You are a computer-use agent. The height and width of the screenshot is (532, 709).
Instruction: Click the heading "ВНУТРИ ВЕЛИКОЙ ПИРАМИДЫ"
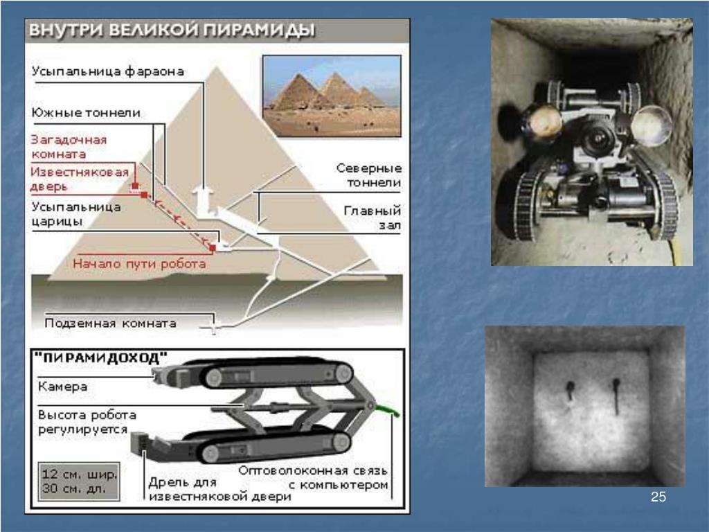point(172,30)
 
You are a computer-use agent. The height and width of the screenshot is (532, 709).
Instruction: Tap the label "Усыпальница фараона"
point(107,71)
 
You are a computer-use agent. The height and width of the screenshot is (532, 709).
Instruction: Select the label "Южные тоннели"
point(86,113)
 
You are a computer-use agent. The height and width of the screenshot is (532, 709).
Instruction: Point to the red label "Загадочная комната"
point(69,147)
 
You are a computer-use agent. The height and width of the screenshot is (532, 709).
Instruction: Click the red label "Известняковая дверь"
point(80,179)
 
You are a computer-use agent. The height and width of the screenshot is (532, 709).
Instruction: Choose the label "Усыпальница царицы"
point(76,214)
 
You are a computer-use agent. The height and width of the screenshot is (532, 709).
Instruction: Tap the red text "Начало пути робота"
point(139,264)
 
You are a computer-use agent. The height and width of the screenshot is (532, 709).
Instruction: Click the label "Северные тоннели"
point(368,175)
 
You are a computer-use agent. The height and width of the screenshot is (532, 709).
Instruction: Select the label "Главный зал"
point(372,218)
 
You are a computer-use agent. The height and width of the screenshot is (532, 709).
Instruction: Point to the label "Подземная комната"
point(110,323)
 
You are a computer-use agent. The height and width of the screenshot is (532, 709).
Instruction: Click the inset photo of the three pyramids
point(332,96)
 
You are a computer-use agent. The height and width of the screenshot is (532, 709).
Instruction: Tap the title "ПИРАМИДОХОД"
point(101,358)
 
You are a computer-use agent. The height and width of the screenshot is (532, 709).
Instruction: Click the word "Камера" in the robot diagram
point(62,387)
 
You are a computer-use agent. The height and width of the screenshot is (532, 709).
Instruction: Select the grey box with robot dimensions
point(79,481)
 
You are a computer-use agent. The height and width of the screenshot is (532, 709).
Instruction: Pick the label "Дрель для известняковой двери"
point(219,490)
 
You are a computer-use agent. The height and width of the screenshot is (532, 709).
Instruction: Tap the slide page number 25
point(658,497)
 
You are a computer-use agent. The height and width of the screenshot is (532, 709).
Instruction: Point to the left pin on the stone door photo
point(569,390)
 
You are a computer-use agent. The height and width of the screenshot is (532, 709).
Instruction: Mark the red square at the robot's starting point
point(213,247)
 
